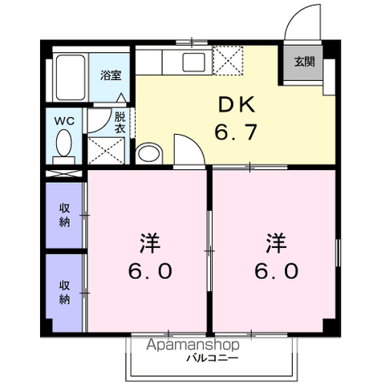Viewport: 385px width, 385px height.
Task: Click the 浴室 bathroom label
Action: pos(110,75)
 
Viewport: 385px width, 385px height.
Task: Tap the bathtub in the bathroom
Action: pos(69,78)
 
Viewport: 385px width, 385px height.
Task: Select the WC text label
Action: pos(63,120)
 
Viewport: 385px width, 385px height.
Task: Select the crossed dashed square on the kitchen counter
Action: pos(229,61)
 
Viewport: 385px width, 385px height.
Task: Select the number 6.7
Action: pos(237,132)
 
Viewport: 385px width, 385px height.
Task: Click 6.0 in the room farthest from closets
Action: pos(278,271)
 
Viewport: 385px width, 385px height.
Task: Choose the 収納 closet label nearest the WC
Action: pos(63,215)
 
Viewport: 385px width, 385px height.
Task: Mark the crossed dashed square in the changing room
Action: pos(106,150)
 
